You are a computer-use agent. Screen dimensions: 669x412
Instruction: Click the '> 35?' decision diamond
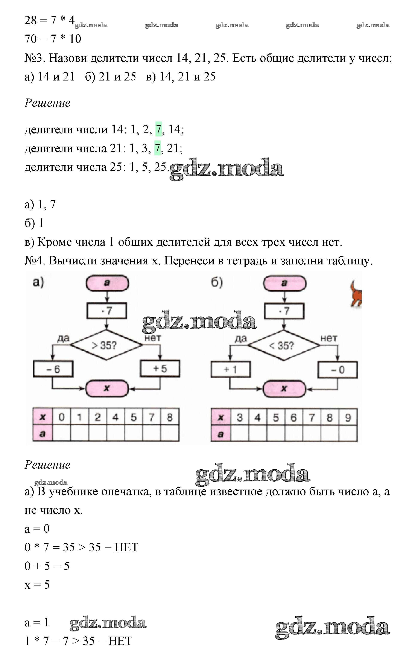tap(106, 345)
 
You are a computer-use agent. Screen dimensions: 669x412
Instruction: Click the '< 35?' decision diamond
tap(284, 345)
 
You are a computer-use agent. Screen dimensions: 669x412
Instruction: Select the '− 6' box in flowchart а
tap(53, 369)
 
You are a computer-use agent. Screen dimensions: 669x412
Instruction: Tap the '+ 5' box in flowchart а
tap(160, 369)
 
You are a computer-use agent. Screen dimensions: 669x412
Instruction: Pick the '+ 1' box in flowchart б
tap(230, 369)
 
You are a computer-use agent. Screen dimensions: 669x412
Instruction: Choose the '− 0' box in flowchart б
tap(338, 370)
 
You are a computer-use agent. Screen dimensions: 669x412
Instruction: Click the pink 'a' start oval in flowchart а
tap(107, 283)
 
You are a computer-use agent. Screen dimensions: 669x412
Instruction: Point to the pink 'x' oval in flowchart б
tap(284, 389)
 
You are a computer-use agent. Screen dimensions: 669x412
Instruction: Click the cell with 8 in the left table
tap(170, 417)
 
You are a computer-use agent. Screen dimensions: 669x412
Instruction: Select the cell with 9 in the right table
tap(348, 417)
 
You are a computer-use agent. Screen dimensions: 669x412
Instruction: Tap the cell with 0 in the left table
tap(62, 417)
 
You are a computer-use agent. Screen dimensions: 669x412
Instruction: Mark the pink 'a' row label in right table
tap(221, 434)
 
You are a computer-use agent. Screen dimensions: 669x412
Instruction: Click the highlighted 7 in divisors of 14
tap(158, 129)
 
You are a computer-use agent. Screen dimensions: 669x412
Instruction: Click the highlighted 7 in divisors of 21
tap(157, 148)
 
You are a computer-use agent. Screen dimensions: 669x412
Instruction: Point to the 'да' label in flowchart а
tap(63, 338)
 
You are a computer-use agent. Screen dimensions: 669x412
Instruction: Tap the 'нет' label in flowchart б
tap(328, 338)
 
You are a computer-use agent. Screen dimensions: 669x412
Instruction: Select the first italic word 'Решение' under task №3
tap(47, 103)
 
